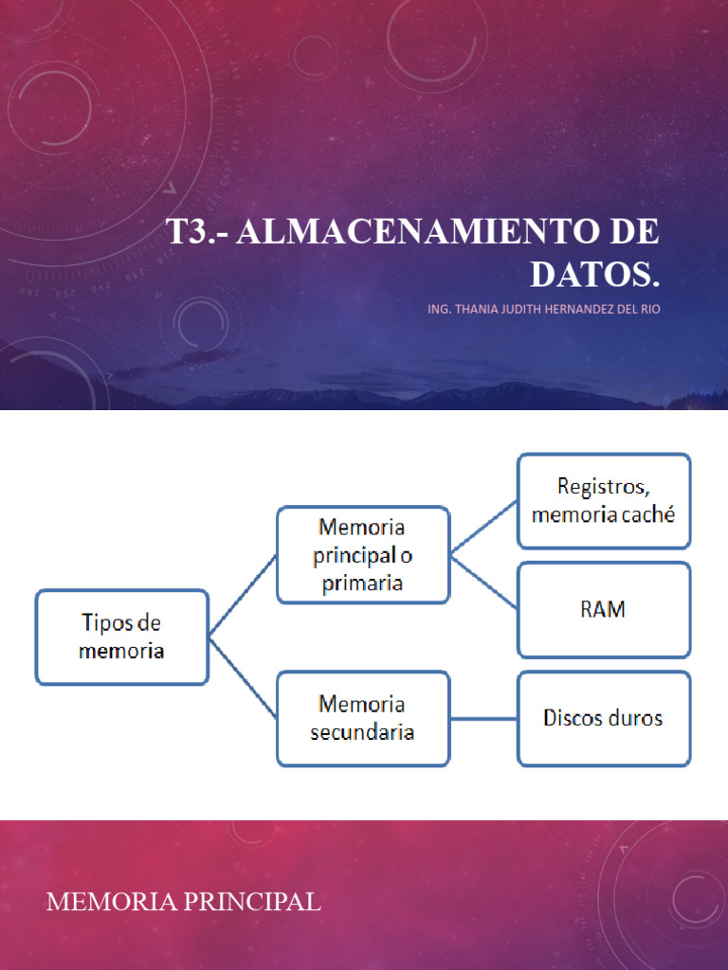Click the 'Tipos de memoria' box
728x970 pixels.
pyautogui.click(x=121, y=637)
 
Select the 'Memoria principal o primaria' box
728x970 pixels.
pyautogui.click(x=362, y=554)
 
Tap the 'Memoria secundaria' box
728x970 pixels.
pyautogui.click(x=362, y=718)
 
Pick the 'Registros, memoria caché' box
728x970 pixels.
pyautogui.click(x=603, y=500)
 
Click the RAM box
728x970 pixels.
pyautogui.click(x=603, y=609)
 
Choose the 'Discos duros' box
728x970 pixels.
pyautogui.click(x=603, y=718)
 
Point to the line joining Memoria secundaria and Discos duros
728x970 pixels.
pyautogui.click(x=483, y=718)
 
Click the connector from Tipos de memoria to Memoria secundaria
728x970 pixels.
pyautogui.click(x=243, y=678)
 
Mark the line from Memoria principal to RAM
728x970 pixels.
pyautogui.click(x=483, y=582)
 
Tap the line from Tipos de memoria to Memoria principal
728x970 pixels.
pyautogui.click(x=243, y=595)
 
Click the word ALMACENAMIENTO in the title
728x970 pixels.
pyautogui.click(x=416, y=232)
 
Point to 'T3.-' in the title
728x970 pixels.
pyautogui.click(x=196, y=232)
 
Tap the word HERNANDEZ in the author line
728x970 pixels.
pyautogui.click(x=576, y=308)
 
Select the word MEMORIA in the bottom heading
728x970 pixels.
pyautogui.click(x=112, y=902)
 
